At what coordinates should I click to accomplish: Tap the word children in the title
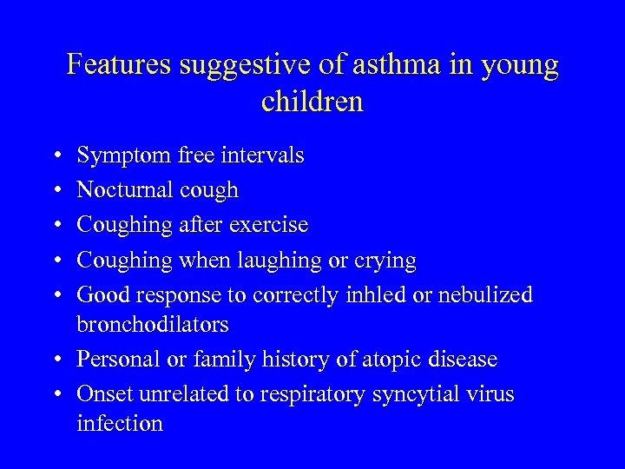[x=312, y=102]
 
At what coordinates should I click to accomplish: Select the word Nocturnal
[x=125, y=189]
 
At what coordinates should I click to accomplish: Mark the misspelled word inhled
[x=372, y=294]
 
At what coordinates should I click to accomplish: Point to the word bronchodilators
[x=153, y=324]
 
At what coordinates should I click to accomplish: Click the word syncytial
[x=412, y=394]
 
